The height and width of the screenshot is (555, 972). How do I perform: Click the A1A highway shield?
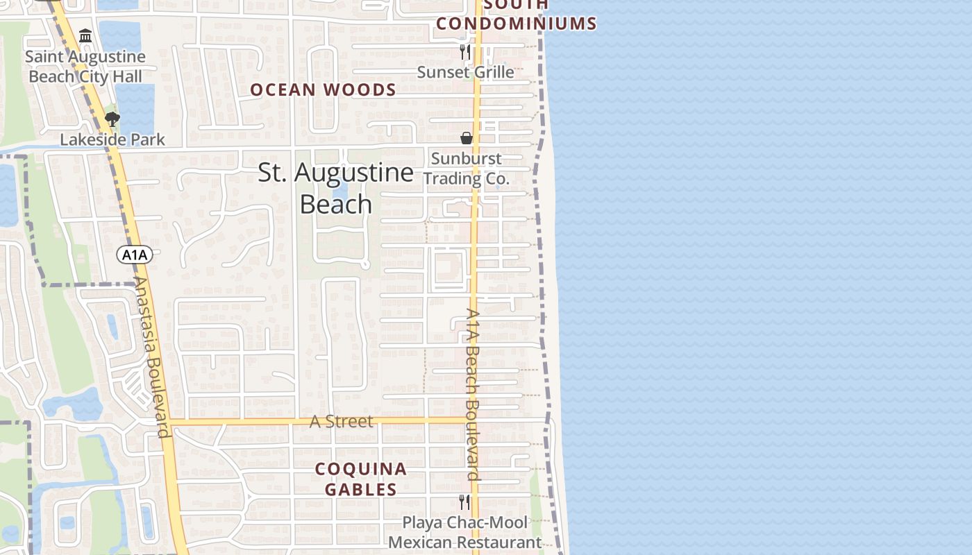click(x=135, y=255)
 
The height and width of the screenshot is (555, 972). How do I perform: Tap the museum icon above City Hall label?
click(x=85, y=36)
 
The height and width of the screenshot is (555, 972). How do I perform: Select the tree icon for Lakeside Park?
click(x=112, y=119)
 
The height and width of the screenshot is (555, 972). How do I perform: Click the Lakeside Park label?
click(x=112, y=139)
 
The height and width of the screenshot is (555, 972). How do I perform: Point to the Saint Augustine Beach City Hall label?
click(x=85, y=67)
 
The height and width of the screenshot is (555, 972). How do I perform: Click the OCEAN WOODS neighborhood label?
click(x=323, y=89)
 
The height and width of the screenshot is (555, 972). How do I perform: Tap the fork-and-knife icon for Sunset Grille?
click(x=465, y=52)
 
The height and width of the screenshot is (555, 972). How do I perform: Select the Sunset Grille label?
click(x=465, y=72)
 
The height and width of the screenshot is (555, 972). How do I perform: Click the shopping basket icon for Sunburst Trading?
click(x=467, y=138)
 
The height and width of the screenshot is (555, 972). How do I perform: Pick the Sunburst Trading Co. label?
click(x=467, y=169)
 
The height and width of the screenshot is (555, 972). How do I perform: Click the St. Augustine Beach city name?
click(x=336, y=188)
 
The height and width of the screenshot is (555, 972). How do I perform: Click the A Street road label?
click(x=341, y=421)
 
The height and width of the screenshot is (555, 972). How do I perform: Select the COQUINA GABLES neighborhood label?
click(x=361, y=479)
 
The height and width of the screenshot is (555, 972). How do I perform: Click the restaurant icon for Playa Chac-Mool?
click(x=464, y=502)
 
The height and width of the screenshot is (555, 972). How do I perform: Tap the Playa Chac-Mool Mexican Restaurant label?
click(x=465, y=532)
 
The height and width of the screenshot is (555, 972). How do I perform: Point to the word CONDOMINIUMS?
click(x=517, y=24)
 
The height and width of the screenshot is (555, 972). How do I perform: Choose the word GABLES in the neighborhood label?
click(x=361, y=489)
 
